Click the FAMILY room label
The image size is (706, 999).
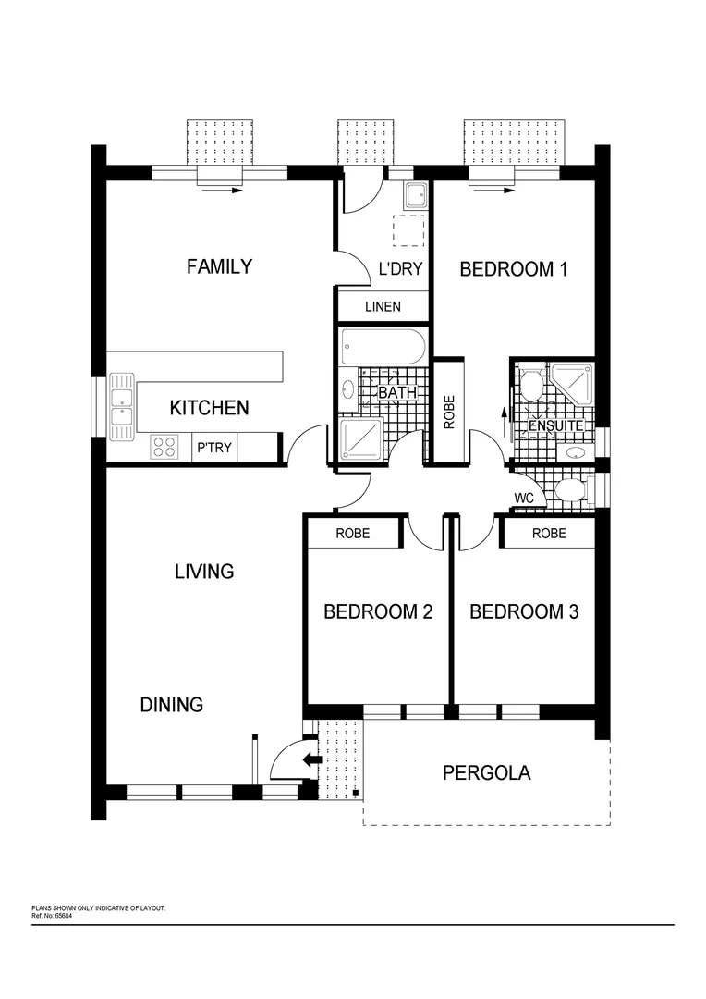219,267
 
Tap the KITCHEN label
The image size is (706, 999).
209,408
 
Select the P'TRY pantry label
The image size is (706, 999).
214,449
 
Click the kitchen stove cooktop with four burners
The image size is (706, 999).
165,448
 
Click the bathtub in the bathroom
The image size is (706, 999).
382,348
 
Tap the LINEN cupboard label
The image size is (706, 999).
383,306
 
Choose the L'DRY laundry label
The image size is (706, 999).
401,270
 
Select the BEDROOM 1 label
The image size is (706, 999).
513,269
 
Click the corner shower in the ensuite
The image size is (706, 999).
574,382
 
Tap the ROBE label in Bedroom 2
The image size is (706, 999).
353,534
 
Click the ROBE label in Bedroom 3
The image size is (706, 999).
549,534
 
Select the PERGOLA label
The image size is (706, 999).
486,773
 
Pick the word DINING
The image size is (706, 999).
172,705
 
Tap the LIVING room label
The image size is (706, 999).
204,572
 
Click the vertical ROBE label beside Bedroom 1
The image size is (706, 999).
450,412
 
